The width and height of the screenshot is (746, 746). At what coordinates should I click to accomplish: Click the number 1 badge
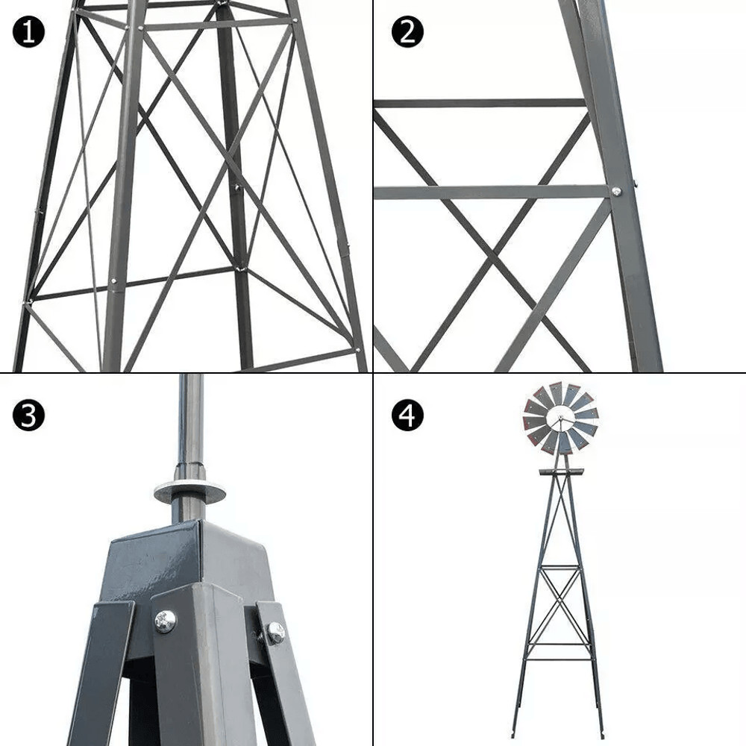[x=28, y=32]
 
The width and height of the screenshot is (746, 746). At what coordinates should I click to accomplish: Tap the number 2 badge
[x=407, y=32]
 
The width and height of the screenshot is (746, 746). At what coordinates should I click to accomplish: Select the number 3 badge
[x=28, y=416]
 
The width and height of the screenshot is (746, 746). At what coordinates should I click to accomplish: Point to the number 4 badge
[x=407, y=416]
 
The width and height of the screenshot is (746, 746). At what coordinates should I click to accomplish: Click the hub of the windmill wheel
[x=560, y=419]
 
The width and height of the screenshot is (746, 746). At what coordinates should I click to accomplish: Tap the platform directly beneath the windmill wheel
[x=561, y=471]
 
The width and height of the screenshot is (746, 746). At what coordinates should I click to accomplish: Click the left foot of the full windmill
[x=514, y=732]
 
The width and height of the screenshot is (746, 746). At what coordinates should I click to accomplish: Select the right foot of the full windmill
[x=601, y=732]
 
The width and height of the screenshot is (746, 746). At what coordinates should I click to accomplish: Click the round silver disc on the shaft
[x=189, y=492]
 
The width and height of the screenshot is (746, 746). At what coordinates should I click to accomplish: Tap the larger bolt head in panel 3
[x=165, y=620]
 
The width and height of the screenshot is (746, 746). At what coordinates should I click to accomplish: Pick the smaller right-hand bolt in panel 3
[x=275, y=633]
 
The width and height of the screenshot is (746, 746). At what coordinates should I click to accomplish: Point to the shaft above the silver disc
[x=190, y=425]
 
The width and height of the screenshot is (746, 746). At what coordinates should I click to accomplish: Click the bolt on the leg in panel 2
[x=617, y=192]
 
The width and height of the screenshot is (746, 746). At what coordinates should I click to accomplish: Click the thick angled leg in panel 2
[x=627, y=224]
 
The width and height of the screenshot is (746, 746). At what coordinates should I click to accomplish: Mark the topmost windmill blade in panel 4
[x=556, y=391]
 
